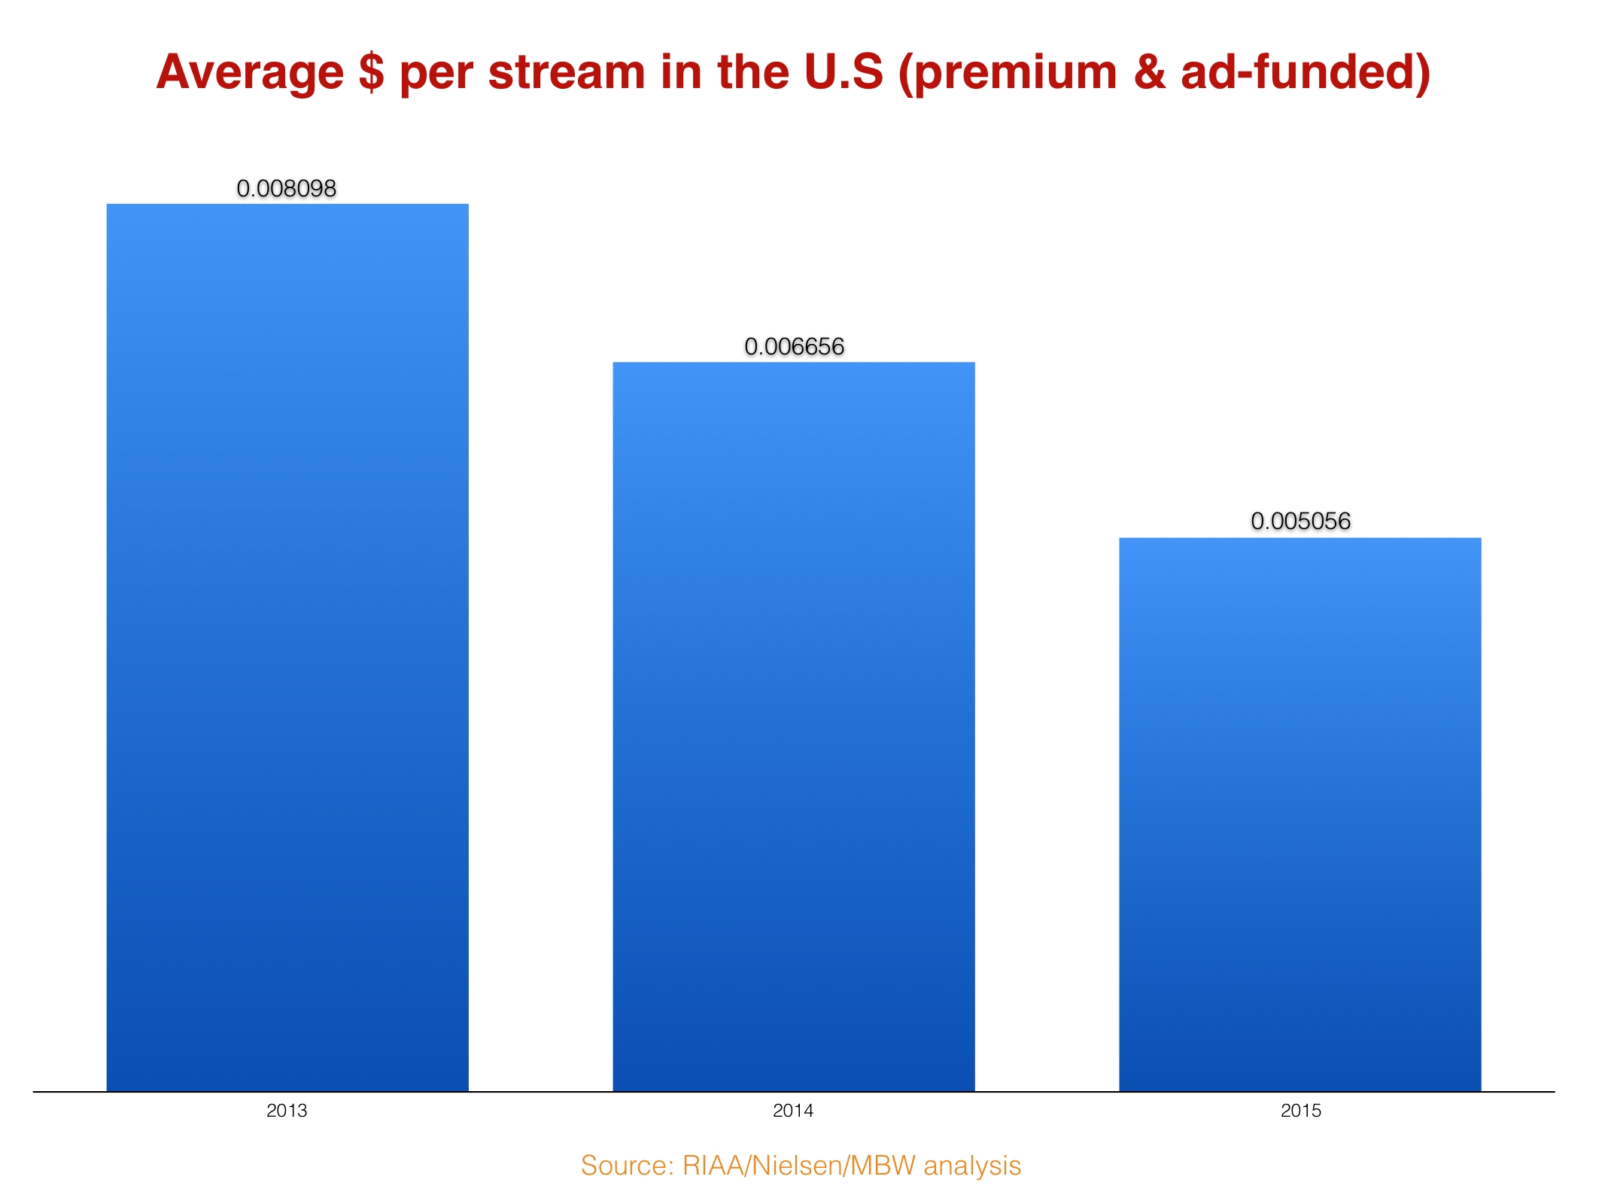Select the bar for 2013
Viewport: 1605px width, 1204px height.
tap(287, 647)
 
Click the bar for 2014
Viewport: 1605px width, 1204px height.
tap(794, 726)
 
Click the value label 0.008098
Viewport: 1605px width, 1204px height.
tap(287, 188)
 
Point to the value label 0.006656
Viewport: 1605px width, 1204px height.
tap(795, 347)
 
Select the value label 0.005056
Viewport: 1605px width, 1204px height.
tap(1301, 521)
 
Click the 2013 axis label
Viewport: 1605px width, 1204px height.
tap(287, 1111)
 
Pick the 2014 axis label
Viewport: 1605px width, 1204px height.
tap(793, 1111)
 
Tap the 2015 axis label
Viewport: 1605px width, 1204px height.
tap(1301, 1111)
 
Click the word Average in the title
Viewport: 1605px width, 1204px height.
tap(250, 73)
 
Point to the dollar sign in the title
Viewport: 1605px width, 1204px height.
tap(371, 73)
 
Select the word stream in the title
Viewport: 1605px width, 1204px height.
tap(567, 73)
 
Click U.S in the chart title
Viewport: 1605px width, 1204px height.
tap(844, 73)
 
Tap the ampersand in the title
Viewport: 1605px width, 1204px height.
tap(1148, 73)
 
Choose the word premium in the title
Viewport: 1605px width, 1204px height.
tap(1016, 73)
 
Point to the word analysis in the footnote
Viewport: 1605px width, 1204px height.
tap(972, 1166)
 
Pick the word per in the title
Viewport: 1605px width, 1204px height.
tap(436, 73)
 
